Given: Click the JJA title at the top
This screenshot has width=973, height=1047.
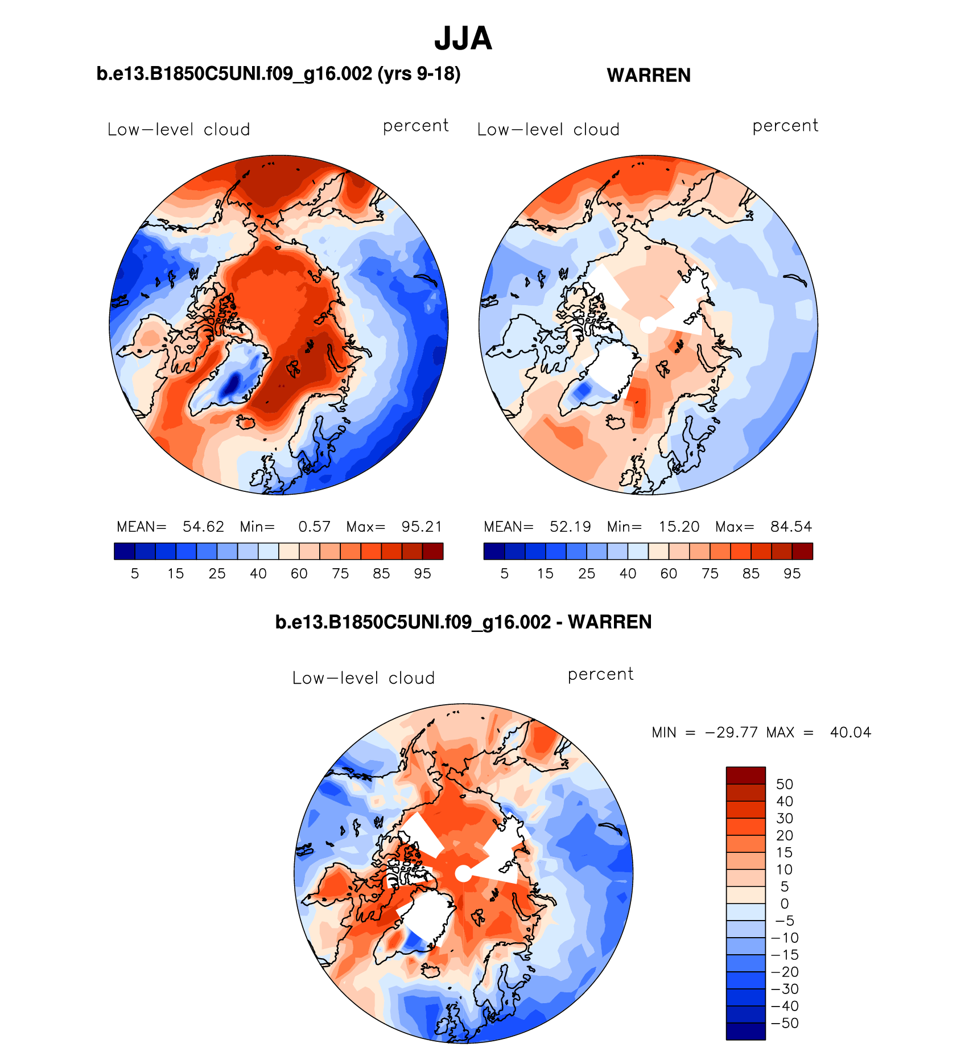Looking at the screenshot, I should [463, 39].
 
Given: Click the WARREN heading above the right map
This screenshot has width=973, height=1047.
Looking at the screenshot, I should [649, 75].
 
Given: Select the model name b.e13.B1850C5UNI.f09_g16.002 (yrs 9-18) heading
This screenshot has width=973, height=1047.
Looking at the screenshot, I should [278, 74].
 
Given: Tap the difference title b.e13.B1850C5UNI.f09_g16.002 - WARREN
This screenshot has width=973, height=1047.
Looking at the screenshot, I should [463, 622].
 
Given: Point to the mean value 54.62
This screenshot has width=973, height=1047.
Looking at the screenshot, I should [203, 527].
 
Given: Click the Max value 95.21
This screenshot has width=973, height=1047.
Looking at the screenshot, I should [422, 527].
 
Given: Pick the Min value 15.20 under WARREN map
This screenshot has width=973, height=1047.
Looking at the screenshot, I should [679, 527].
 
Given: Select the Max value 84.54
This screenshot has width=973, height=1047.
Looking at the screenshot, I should [791, 527].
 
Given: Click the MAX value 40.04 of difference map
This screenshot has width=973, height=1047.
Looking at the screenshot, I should [850, 732].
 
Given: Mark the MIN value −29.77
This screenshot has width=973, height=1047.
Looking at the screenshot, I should [731, 732].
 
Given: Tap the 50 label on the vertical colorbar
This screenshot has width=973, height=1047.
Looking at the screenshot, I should [784, 784].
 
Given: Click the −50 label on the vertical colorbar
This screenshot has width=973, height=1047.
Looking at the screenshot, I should [785, 1023].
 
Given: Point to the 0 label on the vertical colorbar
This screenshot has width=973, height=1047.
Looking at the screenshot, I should [784, 904].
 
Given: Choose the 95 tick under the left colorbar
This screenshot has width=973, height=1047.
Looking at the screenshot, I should [422, 573].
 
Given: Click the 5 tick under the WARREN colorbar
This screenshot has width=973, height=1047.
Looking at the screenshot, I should [504, 573].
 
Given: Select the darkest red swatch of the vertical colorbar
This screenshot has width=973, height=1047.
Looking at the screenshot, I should [745, 775].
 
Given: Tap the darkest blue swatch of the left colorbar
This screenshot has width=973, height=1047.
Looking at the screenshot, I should [124, 551].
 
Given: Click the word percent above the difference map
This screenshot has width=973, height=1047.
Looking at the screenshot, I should [600, 674].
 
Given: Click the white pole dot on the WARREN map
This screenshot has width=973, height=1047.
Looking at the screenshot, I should [648, 325].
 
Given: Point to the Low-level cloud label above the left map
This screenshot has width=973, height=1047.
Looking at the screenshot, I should [179, 130].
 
